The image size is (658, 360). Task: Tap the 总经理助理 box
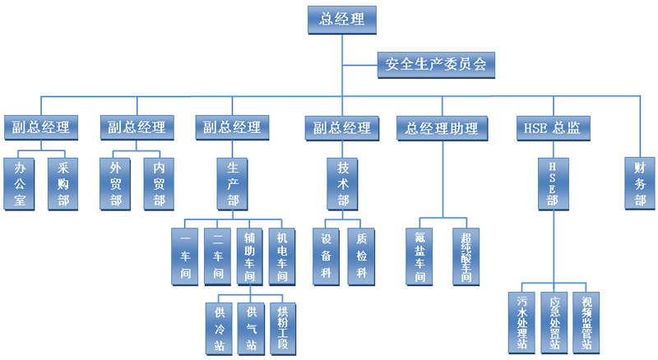pyautogui.click(x=442, y=127)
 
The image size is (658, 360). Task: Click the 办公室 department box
pyautogui.click(x=21, y=182)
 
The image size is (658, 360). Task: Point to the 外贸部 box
pyautogui.click(x=115, y=182)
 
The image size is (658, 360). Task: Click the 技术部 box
pyautogui.click(x=342, y=182)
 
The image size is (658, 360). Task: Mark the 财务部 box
pyautogui.click(x=640, y=182)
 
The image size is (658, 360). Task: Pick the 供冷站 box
pyautogui.click(x=219, y=327)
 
